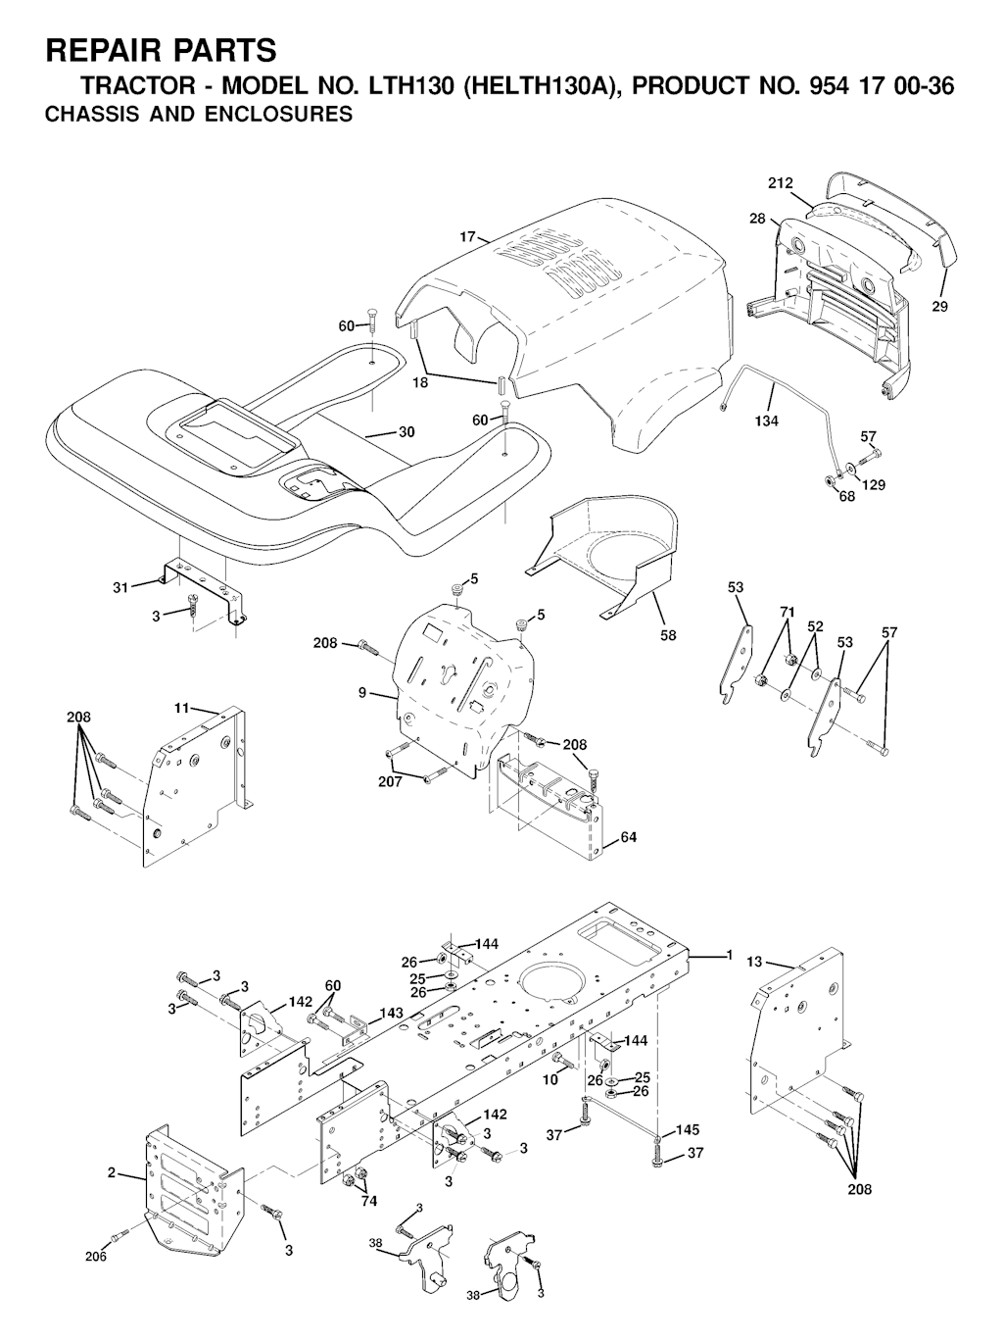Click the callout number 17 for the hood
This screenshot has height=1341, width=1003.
coord(467,236)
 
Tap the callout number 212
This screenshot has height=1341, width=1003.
coord(781,182)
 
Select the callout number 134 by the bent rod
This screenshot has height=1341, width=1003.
coord(767,421)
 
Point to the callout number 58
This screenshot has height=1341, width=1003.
coord(668,635)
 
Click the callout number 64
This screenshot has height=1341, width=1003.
coord(628,836)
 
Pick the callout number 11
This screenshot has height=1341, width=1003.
coord(182,709)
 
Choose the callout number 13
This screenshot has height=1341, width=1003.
coord(754,963)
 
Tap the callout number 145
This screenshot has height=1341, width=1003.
coord(688,1129)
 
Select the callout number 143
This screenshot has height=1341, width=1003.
coord(391,1013)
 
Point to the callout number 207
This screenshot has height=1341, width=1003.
coord(391,780)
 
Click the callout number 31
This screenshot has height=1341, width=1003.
coord(120,588)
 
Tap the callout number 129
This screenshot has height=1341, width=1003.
coord(873,484)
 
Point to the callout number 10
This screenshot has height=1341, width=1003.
coord(550,1079)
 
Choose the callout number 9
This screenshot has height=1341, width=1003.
coord(362,693)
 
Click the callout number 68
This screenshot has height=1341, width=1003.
coord(846,497)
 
